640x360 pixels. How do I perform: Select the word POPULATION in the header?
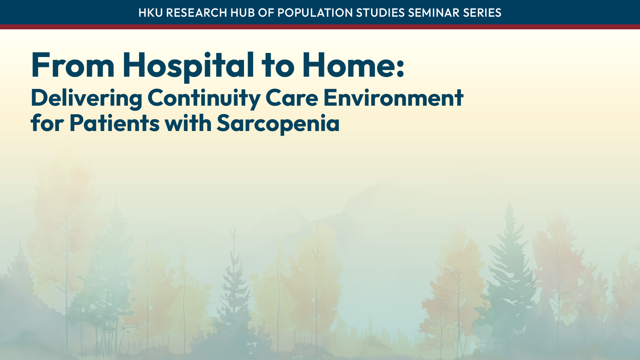(x=315, y=13)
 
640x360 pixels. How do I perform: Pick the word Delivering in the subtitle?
(x=86, y=98)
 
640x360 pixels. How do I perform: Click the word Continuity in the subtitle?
(x=204, y=98)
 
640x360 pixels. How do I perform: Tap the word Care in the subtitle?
(x=292, y=98)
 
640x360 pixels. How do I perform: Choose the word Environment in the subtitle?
(x=393, y=98)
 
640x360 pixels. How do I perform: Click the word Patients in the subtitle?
(x=114, y=123)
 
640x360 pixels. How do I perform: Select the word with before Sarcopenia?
(x=188, y=123)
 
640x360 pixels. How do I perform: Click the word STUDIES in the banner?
(x=380, y=13)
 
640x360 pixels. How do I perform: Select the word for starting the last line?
(x=47, y=123)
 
